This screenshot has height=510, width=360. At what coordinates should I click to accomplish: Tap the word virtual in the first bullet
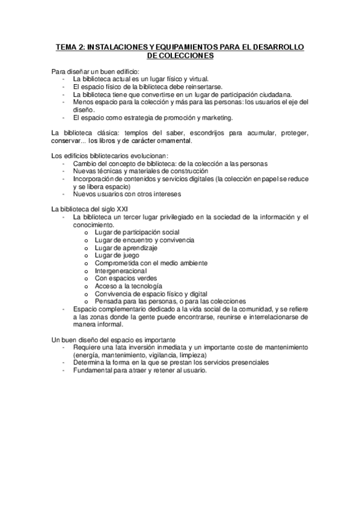tap(197, 79)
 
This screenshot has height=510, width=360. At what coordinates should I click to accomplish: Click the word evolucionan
tap(143, 156)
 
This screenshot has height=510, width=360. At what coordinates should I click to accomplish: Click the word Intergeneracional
tap(120, 271)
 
